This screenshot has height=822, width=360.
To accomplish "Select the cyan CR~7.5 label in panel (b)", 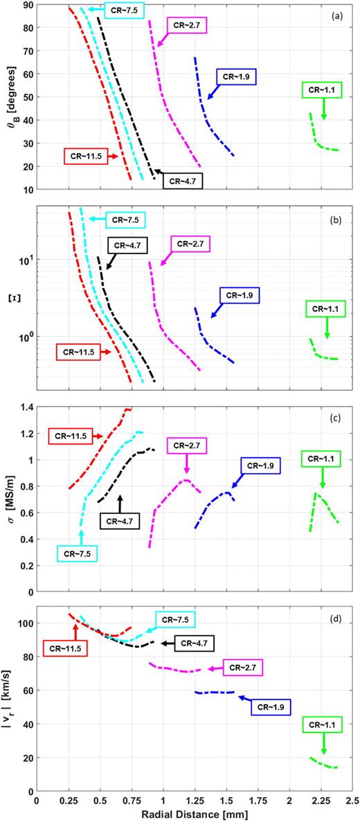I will click(x=125, y=219).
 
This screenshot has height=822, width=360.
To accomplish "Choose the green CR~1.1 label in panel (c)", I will click(x=323, y=459).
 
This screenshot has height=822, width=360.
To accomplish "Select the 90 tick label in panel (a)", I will click(x=26, y=6).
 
